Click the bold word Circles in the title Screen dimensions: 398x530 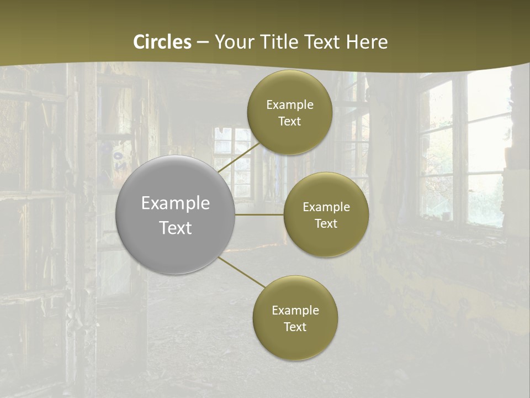tap(162, 42)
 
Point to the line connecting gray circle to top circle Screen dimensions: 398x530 tap(239, 158)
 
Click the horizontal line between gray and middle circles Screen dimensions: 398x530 tap(259, 214)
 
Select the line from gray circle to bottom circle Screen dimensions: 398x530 tap(241, 273)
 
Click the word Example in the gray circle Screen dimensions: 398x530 tap(175, 203)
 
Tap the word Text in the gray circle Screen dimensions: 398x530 tap(175, 228)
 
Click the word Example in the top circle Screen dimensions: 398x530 tap(289, 105)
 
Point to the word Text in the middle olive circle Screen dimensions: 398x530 tap(326, 223)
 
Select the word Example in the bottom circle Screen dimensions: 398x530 tap(295, 310)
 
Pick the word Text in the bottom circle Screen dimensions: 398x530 tap(295, 327)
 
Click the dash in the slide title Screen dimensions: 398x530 tap(202, 42)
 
